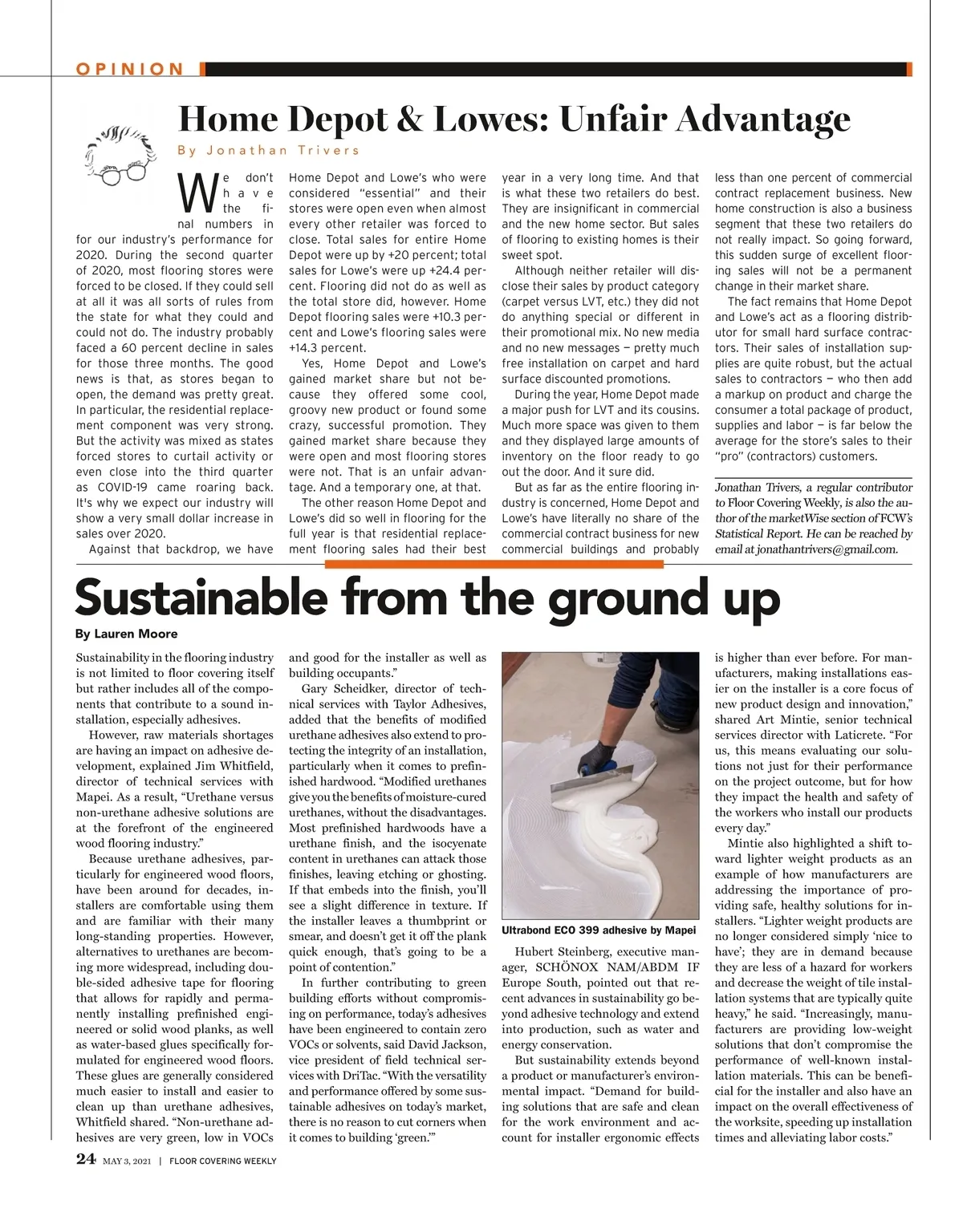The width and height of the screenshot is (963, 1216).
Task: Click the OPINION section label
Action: (x=130, y=69)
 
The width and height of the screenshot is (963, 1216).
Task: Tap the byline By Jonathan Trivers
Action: (x=268, y=150)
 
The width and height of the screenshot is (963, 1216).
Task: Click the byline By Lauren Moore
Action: (x=126, y=634)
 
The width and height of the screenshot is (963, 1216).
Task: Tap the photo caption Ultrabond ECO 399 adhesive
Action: (x=598, y=930)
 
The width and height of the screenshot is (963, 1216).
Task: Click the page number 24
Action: (x=86, y=1159)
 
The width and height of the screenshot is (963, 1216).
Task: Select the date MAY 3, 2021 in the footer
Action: (x=127, y=1161)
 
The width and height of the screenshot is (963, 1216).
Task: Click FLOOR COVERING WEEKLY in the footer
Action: (x=223, y=1161)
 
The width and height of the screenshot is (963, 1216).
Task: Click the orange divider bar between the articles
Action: (x=494, y=565)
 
